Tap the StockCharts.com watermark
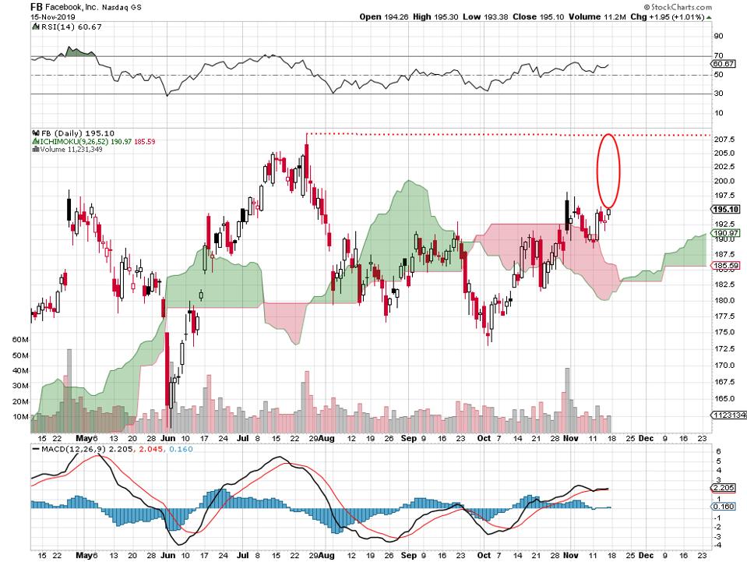(706, 5)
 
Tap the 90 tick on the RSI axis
(717, 36)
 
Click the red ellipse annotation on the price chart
(608, 171)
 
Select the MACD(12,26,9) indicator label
(67, 449)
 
